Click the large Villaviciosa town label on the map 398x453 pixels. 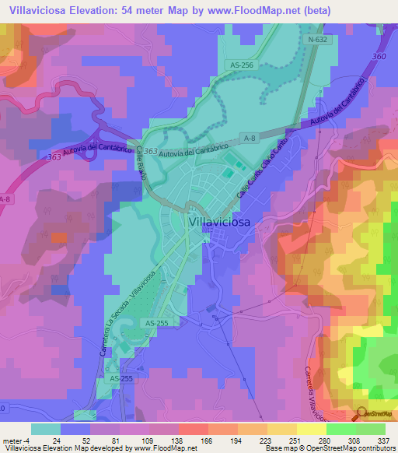click(x=230, y=222)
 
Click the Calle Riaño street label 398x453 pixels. click(x=142, y=164)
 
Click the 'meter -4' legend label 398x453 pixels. click(x=15, y=440)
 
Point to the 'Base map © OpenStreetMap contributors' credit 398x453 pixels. click(x=330, y=448)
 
